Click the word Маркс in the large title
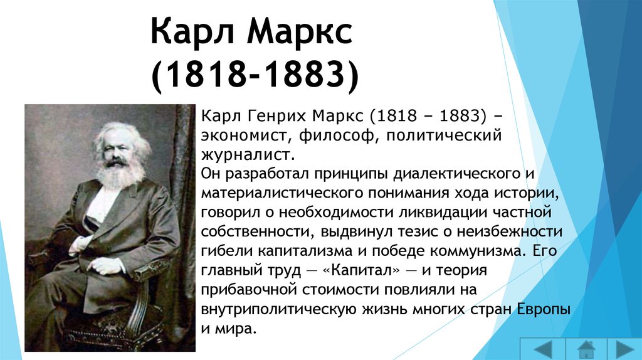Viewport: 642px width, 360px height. [x=299, y=32]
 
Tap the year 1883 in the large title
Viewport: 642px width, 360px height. [x=302, y=75]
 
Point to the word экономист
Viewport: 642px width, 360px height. [x=246, y=135]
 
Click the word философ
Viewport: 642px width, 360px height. [x=337, y=135]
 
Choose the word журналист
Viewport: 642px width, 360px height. [x=248, y=155]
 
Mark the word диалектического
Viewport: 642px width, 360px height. [x=456, y=174]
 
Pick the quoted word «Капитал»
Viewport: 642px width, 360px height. [x=361, y=270]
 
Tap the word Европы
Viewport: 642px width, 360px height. [x=544, y=309]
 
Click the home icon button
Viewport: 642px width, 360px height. [x=586, y=349]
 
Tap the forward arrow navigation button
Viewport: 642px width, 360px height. [x=625, y=349]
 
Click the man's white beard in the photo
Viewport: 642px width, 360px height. [x=120, y=175]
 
